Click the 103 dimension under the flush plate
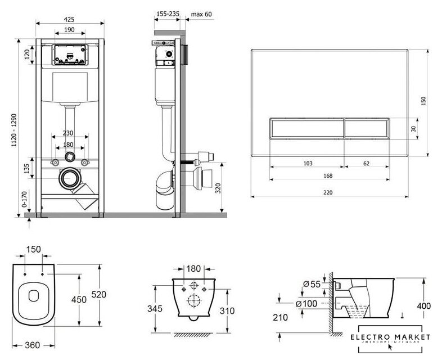coord(308,163)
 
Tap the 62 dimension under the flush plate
coord(366,163)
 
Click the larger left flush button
coord(305,129)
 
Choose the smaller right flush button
coord(366,129)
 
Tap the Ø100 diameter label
coord(309,304)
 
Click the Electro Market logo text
coord(394,337)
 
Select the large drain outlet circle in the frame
coord(70,179)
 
